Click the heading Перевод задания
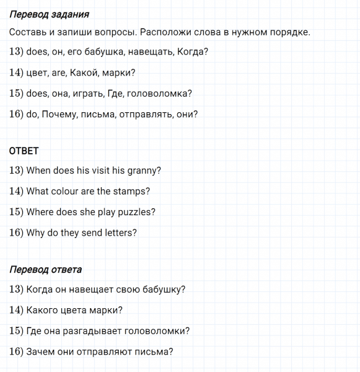pos(50,14)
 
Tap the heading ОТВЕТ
pos(24,151)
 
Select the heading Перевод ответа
pos(46,270)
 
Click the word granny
pos(144,170)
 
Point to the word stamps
pos(131,192)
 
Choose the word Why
pos(36,233)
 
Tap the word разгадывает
pos(92,331)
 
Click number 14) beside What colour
pos(17,192)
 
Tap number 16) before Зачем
pos(17,352)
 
